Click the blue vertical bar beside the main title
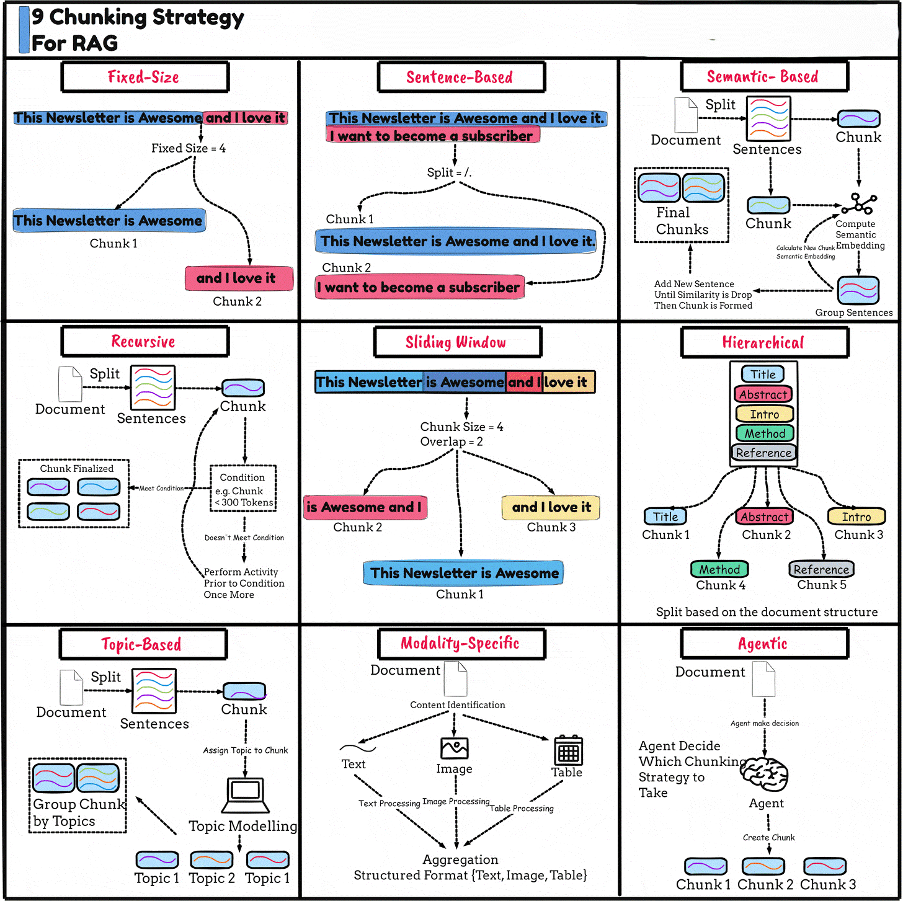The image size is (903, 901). point(24,29)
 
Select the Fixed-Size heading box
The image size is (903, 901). point(145,77)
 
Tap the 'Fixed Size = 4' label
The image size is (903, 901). point(189,148)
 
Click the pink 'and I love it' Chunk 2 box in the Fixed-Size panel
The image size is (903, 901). point(239,278)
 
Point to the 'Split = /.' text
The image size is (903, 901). point(449,172)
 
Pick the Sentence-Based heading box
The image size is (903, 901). point(461,77)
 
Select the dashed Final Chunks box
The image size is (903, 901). point(681,205)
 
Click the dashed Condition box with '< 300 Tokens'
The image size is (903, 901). point(243,489)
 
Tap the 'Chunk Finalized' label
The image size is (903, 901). point(77,469)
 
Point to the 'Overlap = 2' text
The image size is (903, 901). point(451,442)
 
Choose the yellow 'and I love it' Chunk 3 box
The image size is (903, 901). point(551,507)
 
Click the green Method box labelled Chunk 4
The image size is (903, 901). point(719,569)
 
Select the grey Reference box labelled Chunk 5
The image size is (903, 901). point(821,569)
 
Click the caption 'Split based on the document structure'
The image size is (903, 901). point(767,612)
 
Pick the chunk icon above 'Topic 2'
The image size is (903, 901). point(211,859)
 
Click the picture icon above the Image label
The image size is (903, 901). point(454,748)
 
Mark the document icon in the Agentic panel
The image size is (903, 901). point(763,679)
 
